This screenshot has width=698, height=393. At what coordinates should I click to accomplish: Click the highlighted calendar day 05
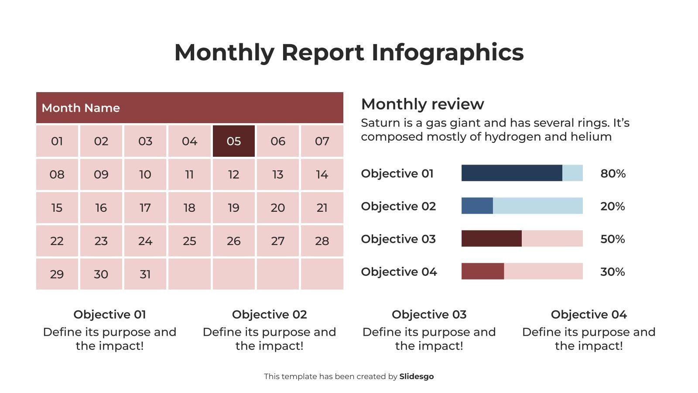(x=233, y=141)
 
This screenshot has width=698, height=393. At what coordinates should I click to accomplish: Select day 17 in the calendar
(x=145, y=208)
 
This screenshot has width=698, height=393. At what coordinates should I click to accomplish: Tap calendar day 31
(x=145, y=274)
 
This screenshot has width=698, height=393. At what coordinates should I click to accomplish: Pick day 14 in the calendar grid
(x=322, y=175)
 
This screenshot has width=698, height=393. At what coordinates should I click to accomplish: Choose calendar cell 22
(x=57, y=241)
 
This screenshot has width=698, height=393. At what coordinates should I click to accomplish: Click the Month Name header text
(x=81, y=108)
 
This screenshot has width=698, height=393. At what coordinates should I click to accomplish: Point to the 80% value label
(x=612, y=173)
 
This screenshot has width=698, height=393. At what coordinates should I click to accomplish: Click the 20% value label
(x=612, y=206)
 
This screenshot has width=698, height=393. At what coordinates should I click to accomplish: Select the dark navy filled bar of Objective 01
(x=511, y=173)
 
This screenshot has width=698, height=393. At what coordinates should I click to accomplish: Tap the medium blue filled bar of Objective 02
(x=477, y=206)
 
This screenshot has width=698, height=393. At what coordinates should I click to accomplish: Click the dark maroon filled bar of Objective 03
(x=491, y=238)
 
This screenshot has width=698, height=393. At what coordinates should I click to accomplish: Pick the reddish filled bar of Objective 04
(x=482, y=271)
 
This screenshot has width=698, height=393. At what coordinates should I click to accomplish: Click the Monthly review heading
(x=422, y=104)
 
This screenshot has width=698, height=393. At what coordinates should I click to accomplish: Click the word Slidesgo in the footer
(x=416, y=376)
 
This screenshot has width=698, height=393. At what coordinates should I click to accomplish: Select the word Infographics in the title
(x=447, y=52)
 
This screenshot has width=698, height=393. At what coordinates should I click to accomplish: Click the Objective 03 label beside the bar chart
(x=398, y=239)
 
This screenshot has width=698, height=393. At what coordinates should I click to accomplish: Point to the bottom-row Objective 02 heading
(x=269, y=314)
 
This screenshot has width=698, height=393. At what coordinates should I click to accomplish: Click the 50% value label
(x=612, y=239)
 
